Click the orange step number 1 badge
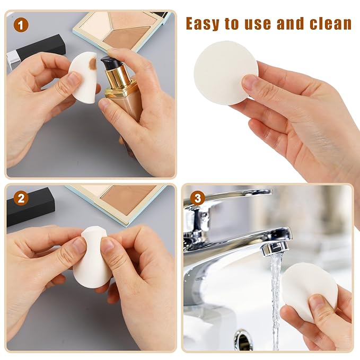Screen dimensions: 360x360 click(20, 24)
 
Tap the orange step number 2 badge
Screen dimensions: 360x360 click(20, 198)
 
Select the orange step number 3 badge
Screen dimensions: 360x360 click(197, 198)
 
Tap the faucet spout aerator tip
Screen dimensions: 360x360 click(275, 247)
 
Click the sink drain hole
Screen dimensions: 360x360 click(243, 339)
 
